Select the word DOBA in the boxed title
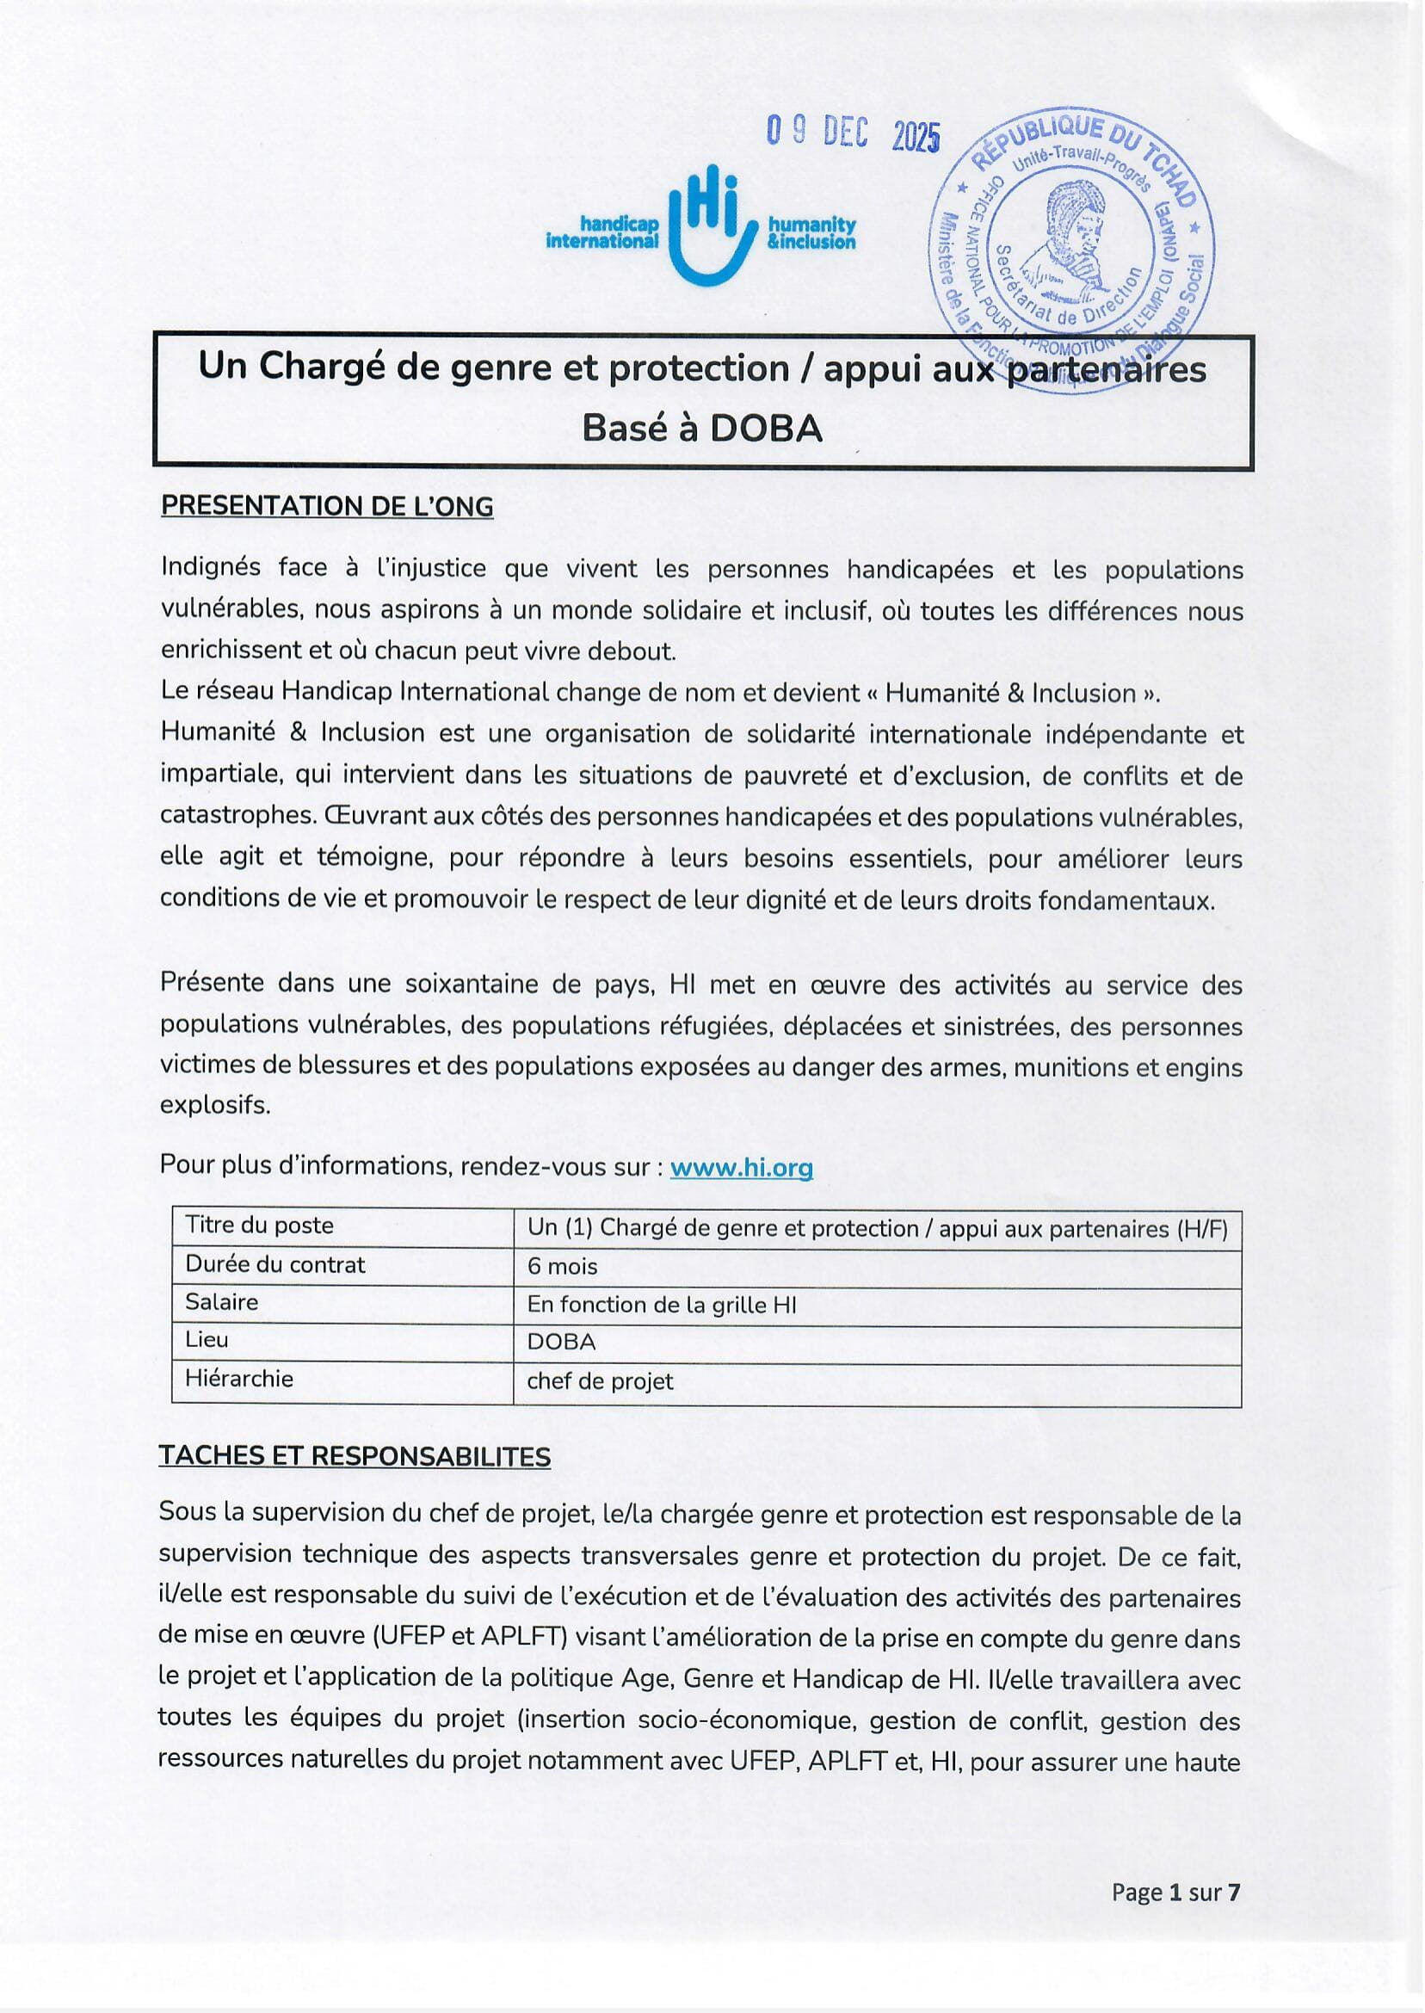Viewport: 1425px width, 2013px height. click(765, 429)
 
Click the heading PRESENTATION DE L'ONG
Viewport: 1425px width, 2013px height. click(326, 506)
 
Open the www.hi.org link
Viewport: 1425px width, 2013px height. click(742, 1167)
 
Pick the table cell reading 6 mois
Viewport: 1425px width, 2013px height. click(563, 1266)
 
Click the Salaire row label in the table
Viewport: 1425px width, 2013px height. click(222, 1302)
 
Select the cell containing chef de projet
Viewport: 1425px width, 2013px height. click(600, 1382)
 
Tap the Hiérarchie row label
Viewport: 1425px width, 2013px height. click(238, 1379)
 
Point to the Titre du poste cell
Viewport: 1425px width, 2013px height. click(259, 1226)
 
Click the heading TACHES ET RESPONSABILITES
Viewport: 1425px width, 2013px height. click(355, 1457)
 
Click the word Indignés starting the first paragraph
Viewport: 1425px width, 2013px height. click(211, 569)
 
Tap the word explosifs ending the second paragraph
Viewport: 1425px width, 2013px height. click(215, 1106)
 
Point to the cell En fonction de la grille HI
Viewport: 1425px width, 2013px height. click(662, 1305)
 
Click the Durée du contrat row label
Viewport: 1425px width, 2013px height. click(275, 1264)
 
